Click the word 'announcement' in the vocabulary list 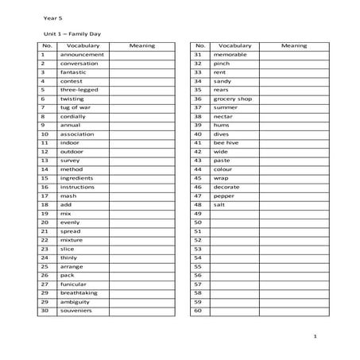[x=82, y=55]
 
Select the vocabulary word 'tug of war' [x=75, y=107]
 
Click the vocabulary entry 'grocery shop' [x=233, y=99]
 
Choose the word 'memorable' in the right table [x=230, y=55]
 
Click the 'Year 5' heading [x=52, y=14]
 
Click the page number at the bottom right [x=315, y=338]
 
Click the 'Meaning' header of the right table [x=294, y=46]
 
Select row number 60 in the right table [x=198, y=310]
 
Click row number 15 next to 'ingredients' [x=45, y=178]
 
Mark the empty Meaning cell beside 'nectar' [x=293, y=116]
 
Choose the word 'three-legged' [x=79, y=90]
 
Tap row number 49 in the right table [x=198, y=213]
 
